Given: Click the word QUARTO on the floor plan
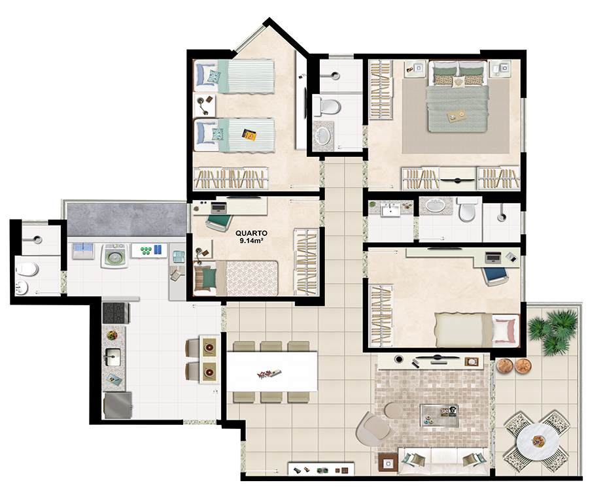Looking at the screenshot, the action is point(251,233).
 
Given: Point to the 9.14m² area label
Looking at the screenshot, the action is point(251,241).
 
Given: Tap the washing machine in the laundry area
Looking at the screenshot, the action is point(114,256).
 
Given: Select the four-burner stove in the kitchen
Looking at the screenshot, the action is point(116,312).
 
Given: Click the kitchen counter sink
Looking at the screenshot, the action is point(112,357).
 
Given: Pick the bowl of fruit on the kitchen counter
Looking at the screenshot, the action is point(112,335).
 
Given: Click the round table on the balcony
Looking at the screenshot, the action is point(538,441).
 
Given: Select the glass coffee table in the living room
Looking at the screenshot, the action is point(439,415).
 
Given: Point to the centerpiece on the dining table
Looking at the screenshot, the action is point(269,373).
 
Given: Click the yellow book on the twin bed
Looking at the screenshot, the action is point(249,135).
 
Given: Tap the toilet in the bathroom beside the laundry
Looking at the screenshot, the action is point(27,269).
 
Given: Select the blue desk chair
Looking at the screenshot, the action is point(495,275).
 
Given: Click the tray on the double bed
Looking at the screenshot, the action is point(456,115).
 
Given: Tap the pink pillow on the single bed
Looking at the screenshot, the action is point(505,331).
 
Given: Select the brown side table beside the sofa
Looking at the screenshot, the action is point(388,462).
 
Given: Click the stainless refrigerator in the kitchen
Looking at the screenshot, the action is point(118,405).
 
